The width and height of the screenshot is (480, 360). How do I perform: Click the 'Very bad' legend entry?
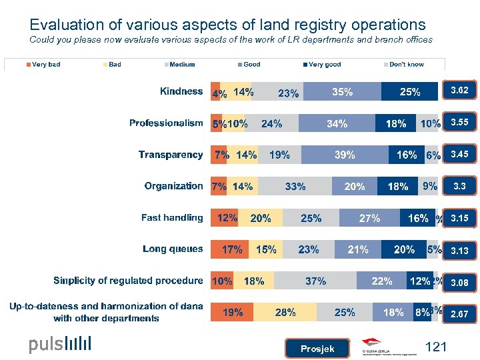(x=45, y=65)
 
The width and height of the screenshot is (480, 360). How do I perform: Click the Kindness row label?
(x=181, y=91)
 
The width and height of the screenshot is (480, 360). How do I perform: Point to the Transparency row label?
(x=170, y=155)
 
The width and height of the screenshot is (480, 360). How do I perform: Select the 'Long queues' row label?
(x=172, y=249)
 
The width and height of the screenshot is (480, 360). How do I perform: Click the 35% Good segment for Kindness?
(x=342, y=92)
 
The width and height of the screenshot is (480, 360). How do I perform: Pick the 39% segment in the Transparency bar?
(x=345, y=155)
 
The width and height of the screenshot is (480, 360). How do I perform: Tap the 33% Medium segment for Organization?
(x=295, y=187)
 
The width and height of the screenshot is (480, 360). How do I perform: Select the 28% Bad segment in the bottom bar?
(x=285, y=313)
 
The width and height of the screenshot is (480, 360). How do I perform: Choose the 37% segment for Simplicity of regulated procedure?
(x=315, y=281)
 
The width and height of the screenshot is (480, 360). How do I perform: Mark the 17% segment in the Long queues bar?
(x=231, y=250)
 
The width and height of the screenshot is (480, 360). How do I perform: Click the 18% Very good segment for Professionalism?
(x=395, y=123)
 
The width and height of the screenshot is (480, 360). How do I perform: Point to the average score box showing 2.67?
(x=459, y=313)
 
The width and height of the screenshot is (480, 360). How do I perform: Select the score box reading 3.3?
(x=459, y=187)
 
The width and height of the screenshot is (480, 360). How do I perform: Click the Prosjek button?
(x=317, y=349)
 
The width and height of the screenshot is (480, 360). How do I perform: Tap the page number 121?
(x=435, y=346)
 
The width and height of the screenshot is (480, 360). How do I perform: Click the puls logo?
(x=59, y=344)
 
